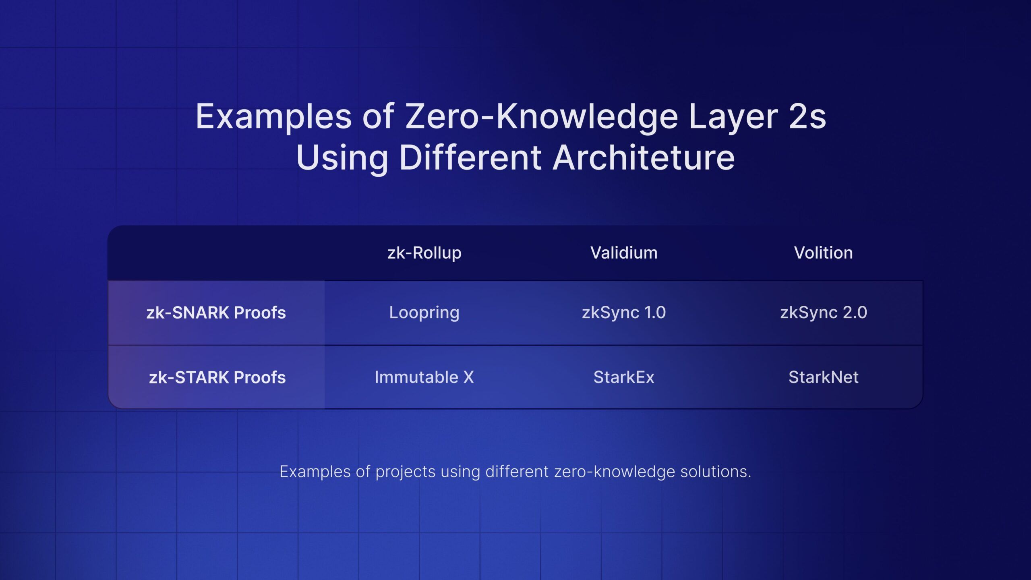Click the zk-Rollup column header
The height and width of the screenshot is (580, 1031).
(424, 253)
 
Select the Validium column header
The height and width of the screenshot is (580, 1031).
(624, 253)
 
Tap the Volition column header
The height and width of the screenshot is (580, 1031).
(823, 253)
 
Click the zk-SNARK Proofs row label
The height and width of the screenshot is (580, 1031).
(216, 313)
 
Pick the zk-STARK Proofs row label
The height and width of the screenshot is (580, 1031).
(217, 377)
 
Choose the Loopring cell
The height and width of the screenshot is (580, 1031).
(424, 313)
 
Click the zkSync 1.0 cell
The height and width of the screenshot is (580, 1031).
(624, 313)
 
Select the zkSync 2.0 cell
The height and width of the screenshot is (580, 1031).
(824, 313)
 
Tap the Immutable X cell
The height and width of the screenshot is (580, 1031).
(424, 377)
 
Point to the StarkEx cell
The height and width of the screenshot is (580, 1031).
(624, 377)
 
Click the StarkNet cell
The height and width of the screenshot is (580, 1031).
(824, 377)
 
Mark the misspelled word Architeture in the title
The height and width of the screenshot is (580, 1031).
(644, 157)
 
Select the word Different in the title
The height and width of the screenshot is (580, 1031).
(470, 157)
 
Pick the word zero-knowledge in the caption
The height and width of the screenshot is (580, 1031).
(615, 472)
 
